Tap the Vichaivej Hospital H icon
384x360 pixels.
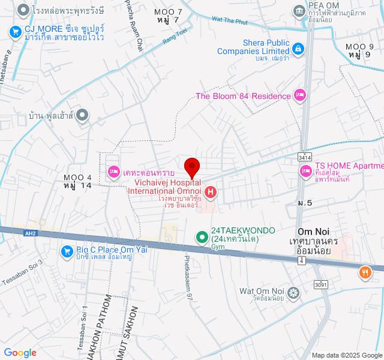pyautogui.click(x=211, y=193)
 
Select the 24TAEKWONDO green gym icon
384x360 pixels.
pyautogui.click(x=202, y=238)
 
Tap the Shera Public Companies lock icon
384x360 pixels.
pyautogui.click(x=298, y=46)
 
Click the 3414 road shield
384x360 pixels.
pyautogui.click(x=305, y=156)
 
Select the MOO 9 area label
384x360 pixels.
pyautogui.click(x=363, y=47)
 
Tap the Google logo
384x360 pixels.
pyautogui.click(x=20, y=353)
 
